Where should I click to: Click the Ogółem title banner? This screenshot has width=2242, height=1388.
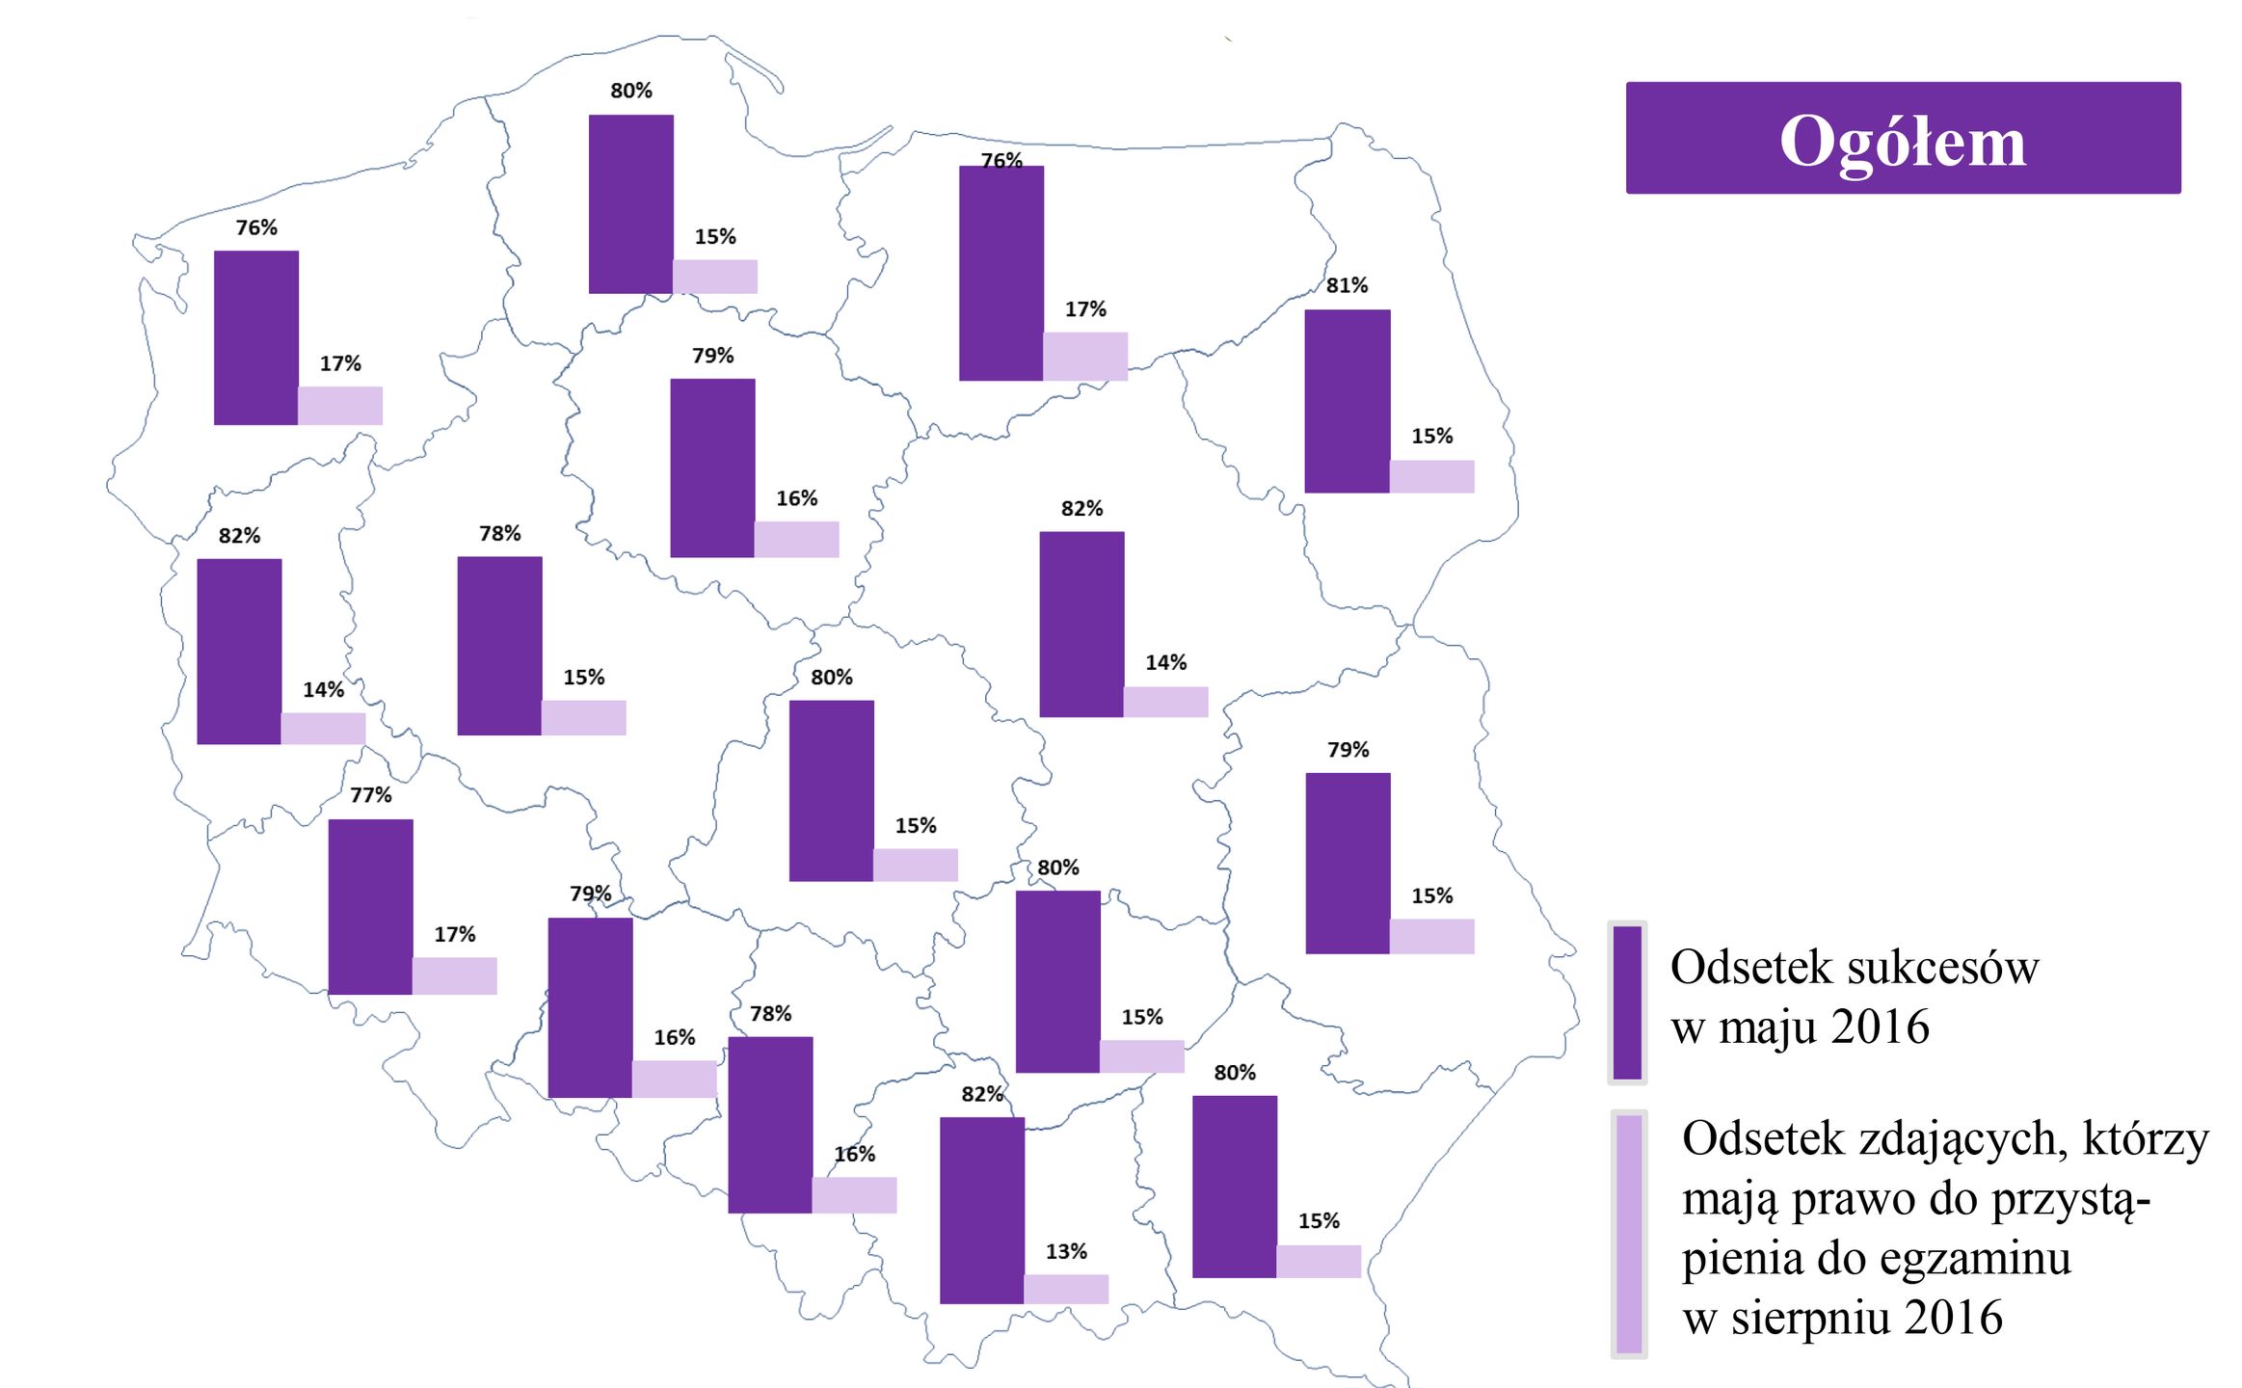pos(1903,138)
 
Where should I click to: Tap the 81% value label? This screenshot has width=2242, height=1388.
pos(1347,285)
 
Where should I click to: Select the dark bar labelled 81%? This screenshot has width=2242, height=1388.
pos(1347,401)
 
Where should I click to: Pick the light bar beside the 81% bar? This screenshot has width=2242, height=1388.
pos(1431,476)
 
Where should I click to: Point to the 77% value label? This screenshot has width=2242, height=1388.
pos(371,795)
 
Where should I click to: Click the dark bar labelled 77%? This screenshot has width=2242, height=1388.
pos(371,906)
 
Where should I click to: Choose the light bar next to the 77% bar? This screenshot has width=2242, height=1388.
pos(455,975)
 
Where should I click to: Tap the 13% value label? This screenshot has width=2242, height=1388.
pos(1066,1251)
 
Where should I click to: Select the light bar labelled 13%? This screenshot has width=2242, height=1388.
pos(1066,1289)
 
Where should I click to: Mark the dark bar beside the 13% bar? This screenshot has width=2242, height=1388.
pos(982,1210)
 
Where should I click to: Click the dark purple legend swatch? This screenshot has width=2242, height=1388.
pos(1627,1002)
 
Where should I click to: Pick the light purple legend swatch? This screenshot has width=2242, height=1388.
pos(1628,1234)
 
